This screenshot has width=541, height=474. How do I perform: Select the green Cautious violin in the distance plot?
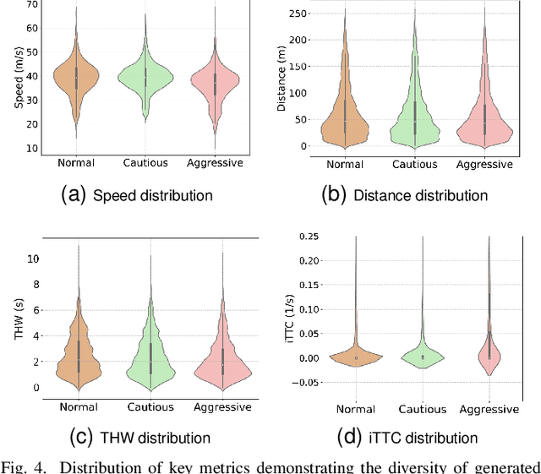point(414,118)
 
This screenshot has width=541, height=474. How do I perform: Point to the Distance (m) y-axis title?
point(282,78)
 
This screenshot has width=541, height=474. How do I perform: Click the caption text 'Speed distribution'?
point(152,195)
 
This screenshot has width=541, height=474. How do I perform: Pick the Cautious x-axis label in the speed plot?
point(146,163)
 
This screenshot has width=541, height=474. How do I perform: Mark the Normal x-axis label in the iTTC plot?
point(356,409)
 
